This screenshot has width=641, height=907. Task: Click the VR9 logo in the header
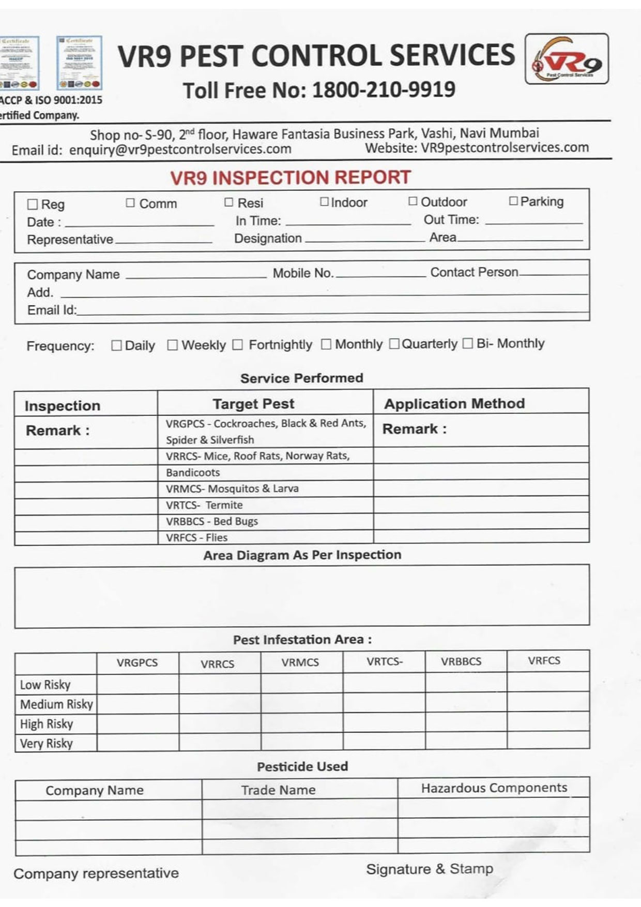pyautogui.click(x=567, y=59)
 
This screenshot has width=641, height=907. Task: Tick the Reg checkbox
pyautogui.click(x=33, y=205)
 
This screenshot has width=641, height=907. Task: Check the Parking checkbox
pyautogui.click(x=513, y=201)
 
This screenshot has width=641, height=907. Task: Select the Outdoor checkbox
pyautogui.click(x=413, y=201)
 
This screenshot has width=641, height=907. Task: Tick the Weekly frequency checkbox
pyautogui.click(x=173, y=345)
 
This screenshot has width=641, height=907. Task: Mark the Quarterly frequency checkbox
pyautogui.click(x=394, y=344)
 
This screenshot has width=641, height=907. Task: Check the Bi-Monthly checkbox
pyautogui.click(x=467, y=344)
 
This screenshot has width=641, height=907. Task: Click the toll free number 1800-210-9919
pyautogui.click(x=384, y=90)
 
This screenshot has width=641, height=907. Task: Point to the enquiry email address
pyautogui.click(x=180, y=149)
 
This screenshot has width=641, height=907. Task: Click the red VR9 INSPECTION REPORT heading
pyautogui.click(x=291, y=178)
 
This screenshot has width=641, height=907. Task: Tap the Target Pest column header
pyautogui.click(x=253, y=404)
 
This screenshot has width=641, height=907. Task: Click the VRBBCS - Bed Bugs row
pyautogui.click(x=212, y=521)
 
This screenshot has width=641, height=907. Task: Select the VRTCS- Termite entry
pyautogui.click(x=204, y=505)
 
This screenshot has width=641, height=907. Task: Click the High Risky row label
pyautogui.click(x=47, y=724)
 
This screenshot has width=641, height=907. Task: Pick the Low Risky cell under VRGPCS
pyautogui.click(x=138, y=684)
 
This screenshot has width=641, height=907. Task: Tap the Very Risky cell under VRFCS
pyautogui.click(x=548, y=741)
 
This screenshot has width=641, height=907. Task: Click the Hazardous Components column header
pyautogui.click(x=494, y=788)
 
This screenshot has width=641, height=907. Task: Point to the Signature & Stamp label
pyautogui.click(x=430, y=869)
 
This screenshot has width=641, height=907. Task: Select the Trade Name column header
pyautogui.click(x=278, y=790)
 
